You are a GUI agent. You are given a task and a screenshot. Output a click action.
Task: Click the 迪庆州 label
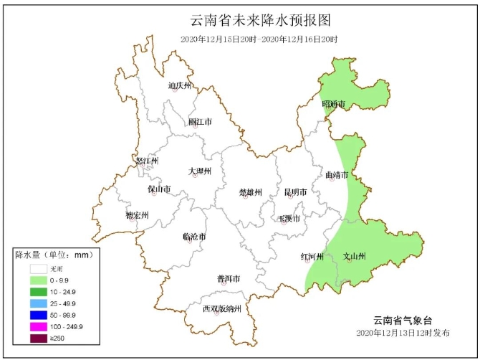point(181,86)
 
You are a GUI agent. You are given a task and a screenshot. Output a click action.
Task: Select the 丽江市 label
point(200,122)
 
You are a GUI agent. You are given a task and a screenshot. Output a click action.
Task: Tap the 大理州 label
point(200,171)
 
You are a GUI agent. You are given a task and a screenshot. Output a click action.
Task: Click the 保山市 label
point(159,189)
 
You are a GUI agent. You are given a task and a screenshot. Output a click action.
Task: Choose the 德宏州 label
point(137,215)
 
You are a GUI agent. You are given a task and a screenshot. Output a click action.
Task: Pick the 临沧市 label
point(194,237)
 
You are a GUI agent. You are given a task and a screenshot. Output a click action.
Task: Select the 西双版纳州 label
point(221,309)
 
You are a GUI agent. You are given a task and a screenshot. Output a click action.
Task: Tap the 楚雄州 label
point(250,192)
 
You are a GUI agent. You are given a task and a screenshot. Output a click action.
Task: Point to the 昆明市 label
point(295,192)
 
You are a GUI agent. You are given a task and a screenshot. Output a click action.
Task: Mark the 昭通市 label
point(334,105)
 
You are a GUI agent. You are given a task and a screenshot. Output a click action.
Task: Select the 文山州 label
point(355,256)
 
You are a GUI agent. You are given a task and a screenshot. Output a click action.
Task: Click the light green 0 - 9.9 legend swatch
point(39,280)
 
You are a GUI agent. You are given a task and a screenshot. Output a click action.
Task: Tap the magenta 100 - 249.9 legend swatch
point(39,326)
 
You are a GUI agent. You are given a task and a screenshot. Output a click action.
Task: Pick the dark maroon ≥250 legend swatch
point(39,338)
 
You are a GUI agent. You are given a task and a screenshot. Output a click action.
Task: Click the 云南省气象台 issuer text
point(403,320)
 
